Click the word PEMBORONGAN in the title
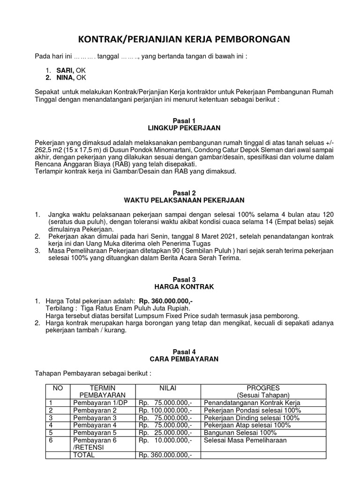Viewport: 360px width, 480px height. [249, 40]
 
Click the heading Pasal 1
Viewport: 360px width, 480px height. [184, 120]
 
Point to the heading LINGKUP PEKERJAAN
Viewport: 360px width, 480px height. [184, 127]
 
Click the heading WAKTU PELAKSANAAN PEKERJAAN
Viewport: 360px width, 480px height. [184, 200]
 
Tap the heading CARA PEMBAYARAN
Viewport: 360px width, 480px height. [184, 359]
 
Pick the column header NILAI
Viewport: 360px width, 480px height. [169, 388]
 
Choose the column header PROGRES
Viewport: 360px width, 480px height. [263, 388]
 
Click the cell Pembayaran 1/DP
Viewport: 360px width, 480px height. [96, 403]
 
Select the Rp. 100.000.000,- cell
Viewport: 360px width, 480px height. [165, 410]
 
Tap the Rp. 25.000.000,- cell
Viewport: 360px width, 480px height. [165, 432]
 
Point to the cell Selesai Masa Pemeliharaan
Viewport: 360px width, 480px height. [245, 440]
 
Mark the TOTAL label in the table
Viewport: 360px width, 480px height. [84, 455]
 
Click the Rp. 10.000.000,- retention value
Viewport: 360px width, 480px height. [165, 440]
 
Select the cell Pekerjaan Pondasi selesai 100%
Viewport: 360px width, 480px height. [253, 410]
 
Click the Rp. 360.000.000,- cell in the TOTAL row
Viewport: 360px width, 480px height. [165, 455]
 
